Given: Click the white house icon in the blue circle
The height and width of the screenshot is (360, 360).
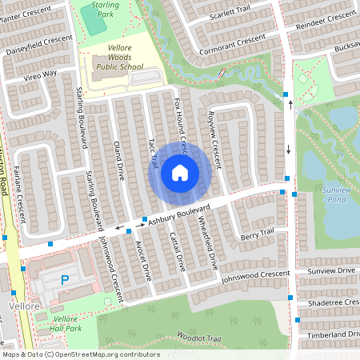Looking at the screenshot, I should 180,172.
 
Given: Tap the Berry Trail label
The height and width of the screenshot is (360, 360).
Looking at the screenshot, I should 257,233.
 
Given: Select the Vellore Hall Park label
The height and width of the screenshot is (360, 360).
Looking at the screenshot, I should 66,324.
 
